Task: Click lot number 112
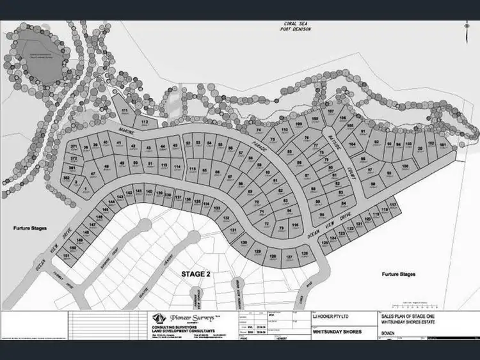pos(145,121)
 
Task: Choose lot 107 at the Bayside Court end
pos(331,113)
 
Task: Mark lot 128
pos(304,254)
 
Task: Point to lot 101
pos(443,145)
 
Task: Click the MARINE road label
pos(125,132)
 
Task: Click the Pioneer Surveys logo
pos(173,318)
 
